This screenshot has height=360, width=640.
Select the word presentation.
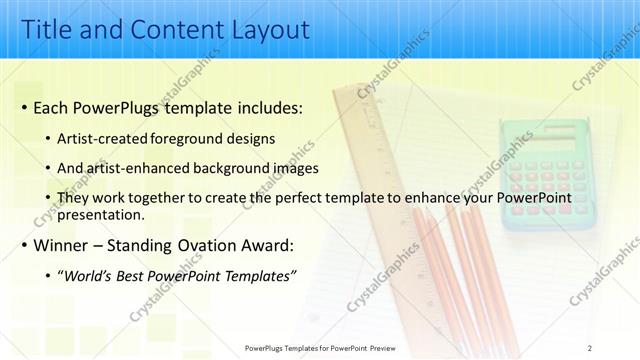pos(100,214)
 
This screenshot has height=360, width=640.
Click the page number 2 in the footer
pos(590,346)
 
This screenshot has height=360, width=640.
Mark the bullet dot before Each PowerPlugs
pos(23,107)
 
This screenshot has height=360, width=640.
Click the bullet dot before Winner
pos(23,246)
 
